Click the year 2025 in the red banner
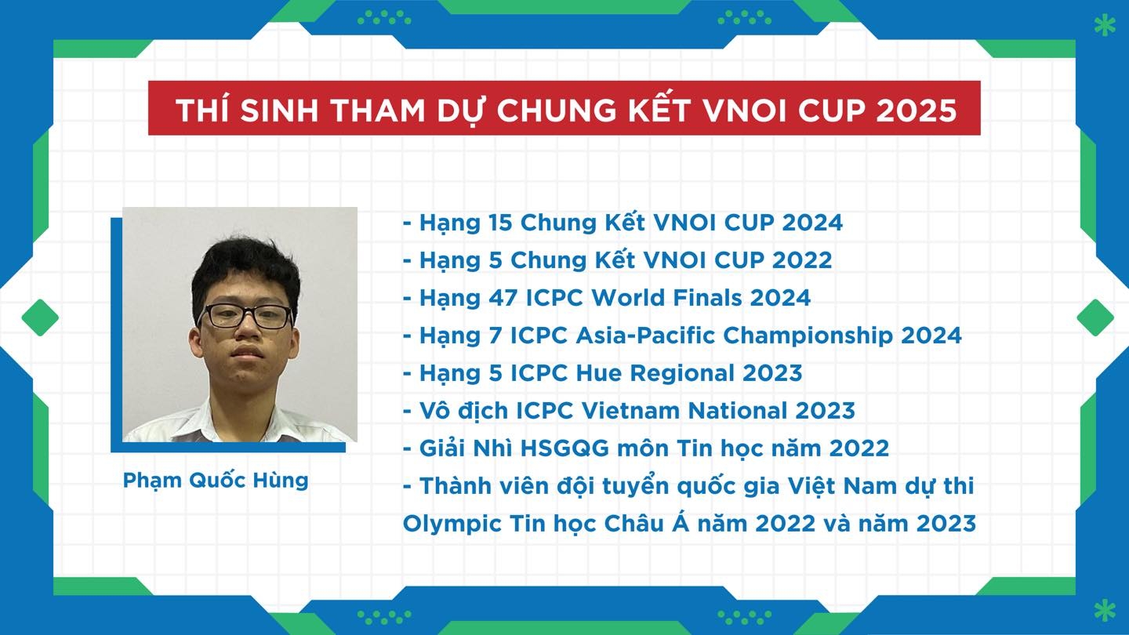pyautogui.click(x=916, y=110)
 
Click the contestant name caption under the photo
pyautogui.click(x=215, y=481)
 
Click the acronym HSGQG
pyautogui.click(x=564, y=449)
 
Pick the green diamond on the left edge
pyautogui.click(x=40, y=317)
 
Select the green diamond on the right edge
pyautogui.click(x=1095, y=317)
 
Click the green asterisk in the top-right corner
pyautogui.click(x=1105, y=26)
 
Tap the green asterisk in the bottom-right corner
pyautogui.click(x=1105, y=610)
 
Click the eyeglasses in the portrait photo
pyautogui.click(x=245, y=317)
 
